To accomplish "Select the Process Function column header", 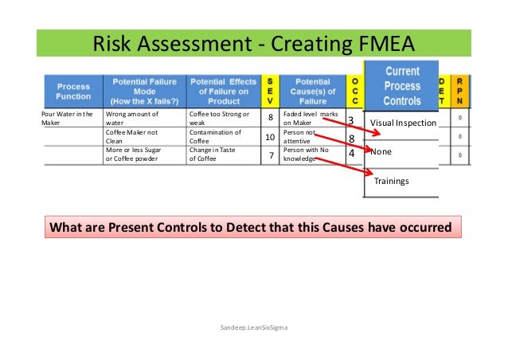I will pos(72,91).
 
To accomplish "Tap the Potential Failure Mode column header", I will pos(145,91).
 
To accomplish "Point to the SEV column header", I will pos(270,91).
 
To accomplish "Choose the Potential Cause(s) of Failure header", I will pos(312,91).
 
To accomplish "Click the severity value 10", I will pos(270,139).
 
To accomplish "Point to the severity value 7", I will pos(270,155).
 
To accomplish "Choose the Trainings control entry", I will pos(392,182).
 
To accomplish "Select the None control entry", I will pos(381,151).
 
